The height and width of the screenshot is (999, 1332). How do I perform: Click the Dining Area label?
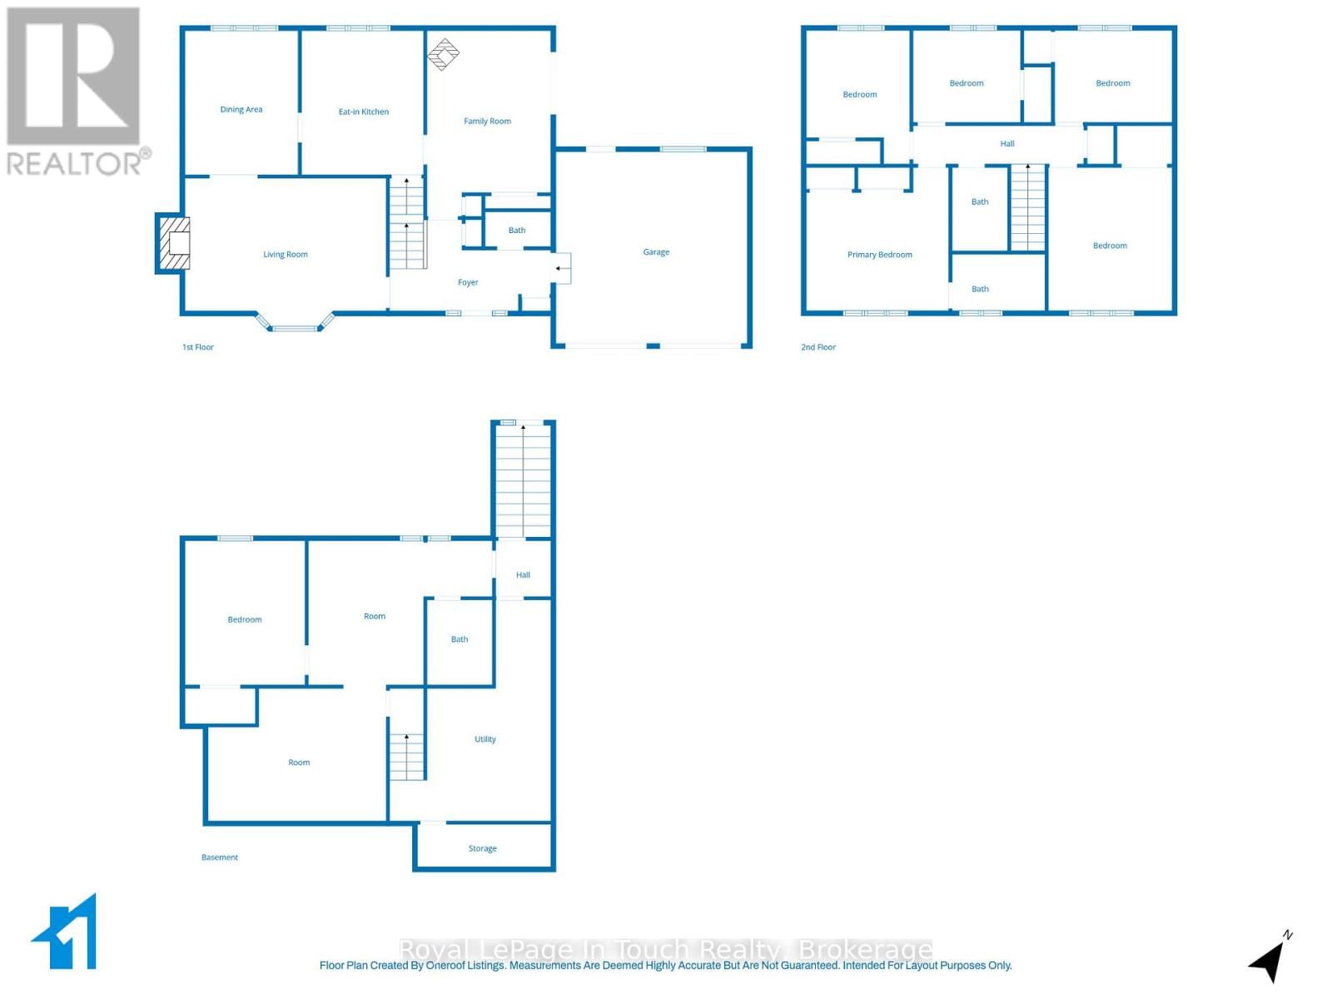[x=241, y=110]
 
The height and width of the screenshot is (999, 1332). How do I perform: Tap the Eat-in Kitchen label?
[x=363, y=112]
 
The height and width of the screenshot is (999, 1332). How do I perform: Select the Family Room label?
[x=487, y=122]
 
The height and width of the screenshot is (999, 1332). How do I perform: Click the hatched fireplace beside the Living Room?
[x=173, y=243]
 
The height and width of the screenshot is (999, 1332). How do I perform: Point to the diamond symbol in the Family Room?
[x=443, y=54]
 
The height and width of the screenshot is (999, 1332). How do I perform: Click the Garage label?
[x=656, y=252]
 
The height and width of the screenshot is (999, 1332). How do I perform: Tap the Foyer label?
[x=468, y=283]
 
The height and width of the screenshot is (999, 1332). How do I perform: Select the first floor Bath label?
[x=517, y=231]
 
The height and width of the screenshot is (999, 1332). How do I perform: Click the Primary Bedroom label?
[x=879, y=255]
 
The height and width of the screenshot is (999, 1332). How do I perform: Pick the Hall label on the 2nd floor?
[x=1007, y=144]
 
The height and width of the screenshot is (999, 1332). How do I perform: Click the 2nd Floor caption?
[x=818, y=347]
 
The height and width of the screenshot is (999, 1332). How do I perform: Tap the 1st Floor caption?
[x=198, y=347]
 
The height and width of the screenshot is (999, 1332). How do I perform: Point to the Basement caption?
[x=220, y=857]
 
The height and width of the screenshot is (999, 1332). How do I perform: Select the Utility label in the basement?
[x=485, y=739]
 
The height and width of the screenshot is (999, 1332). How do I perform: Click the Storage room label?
[x=482, y=849]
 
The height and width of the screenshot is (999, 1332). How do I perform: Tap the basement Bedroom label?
[x=245, y=620]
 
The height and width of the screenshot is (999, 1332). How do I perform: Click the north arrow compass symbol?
[x=1269, y=959]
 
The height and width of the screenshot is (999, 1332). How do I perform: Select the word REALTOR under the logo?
[x=74, y=164]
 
